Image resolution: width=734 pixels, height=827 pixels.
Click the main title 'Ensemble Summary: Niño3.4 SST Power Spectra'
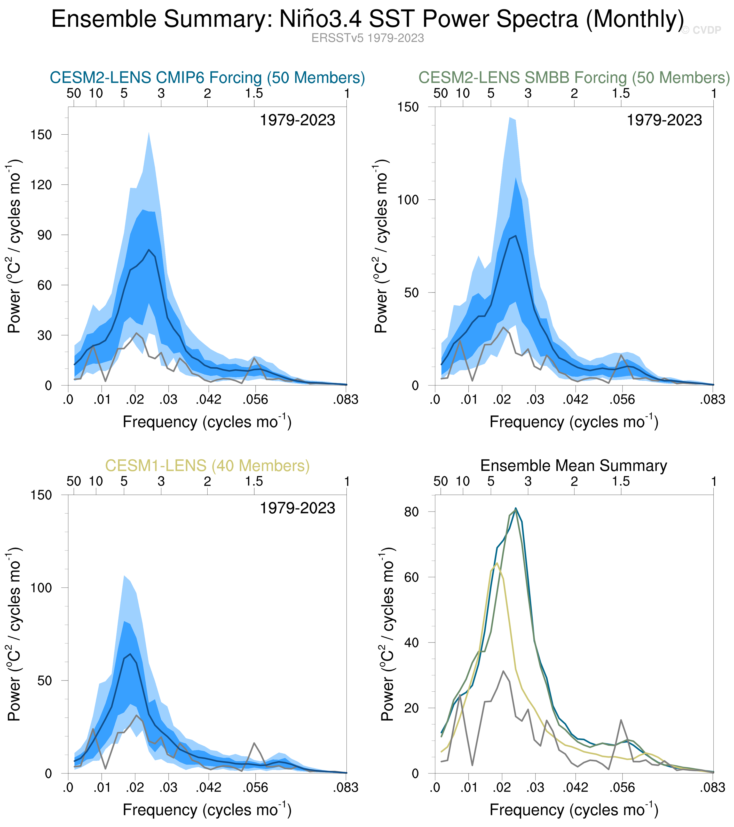(367, 19)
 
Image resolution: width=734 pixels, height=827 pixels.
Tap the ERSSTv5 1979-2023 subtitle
(367, 38)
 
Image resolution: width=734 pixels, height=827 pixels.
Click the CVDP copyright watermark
(701, 30)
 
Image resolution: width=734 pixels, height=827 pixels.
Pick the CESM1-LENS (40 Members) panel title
(207, 466)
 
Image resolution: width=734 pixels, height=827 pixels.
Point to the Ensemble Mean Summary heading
(573, 466)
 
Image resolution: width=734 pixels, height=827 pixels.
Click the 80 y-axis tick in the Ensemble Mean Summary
(412, 512)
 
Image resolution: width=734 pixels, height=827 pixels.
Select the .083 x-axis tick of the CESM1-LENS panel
(346, 787)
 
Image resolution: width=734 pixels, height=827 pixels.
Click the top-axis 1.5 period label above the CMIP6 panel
(254, 94)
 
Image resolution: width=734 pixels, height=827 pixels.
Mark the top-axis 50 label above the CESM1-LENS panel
(74, 482)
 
